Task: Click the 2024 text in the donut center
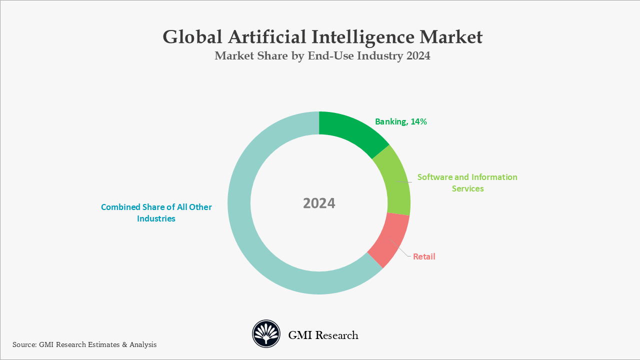(x=319, y=203)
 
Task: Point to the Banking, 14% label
(x=401, y=121)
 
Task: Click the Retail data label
(x=424, y=256)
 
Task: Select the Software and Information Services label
(x=467, y=183)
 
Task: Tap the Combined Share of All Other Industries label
(x=156, y=212)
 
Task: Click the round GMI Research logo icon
(x=266, y=334)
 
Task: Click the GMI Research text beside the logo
(x=323, y=335)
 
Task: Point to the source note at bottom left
(x=84, y=344)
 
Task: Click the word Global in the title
(x=191, y=37)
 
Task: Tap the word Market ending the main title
(x=451, y=37)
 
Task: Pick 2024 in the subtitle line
(x=418, y=56)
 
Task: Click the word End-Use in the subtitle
(x=330, y=56)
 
